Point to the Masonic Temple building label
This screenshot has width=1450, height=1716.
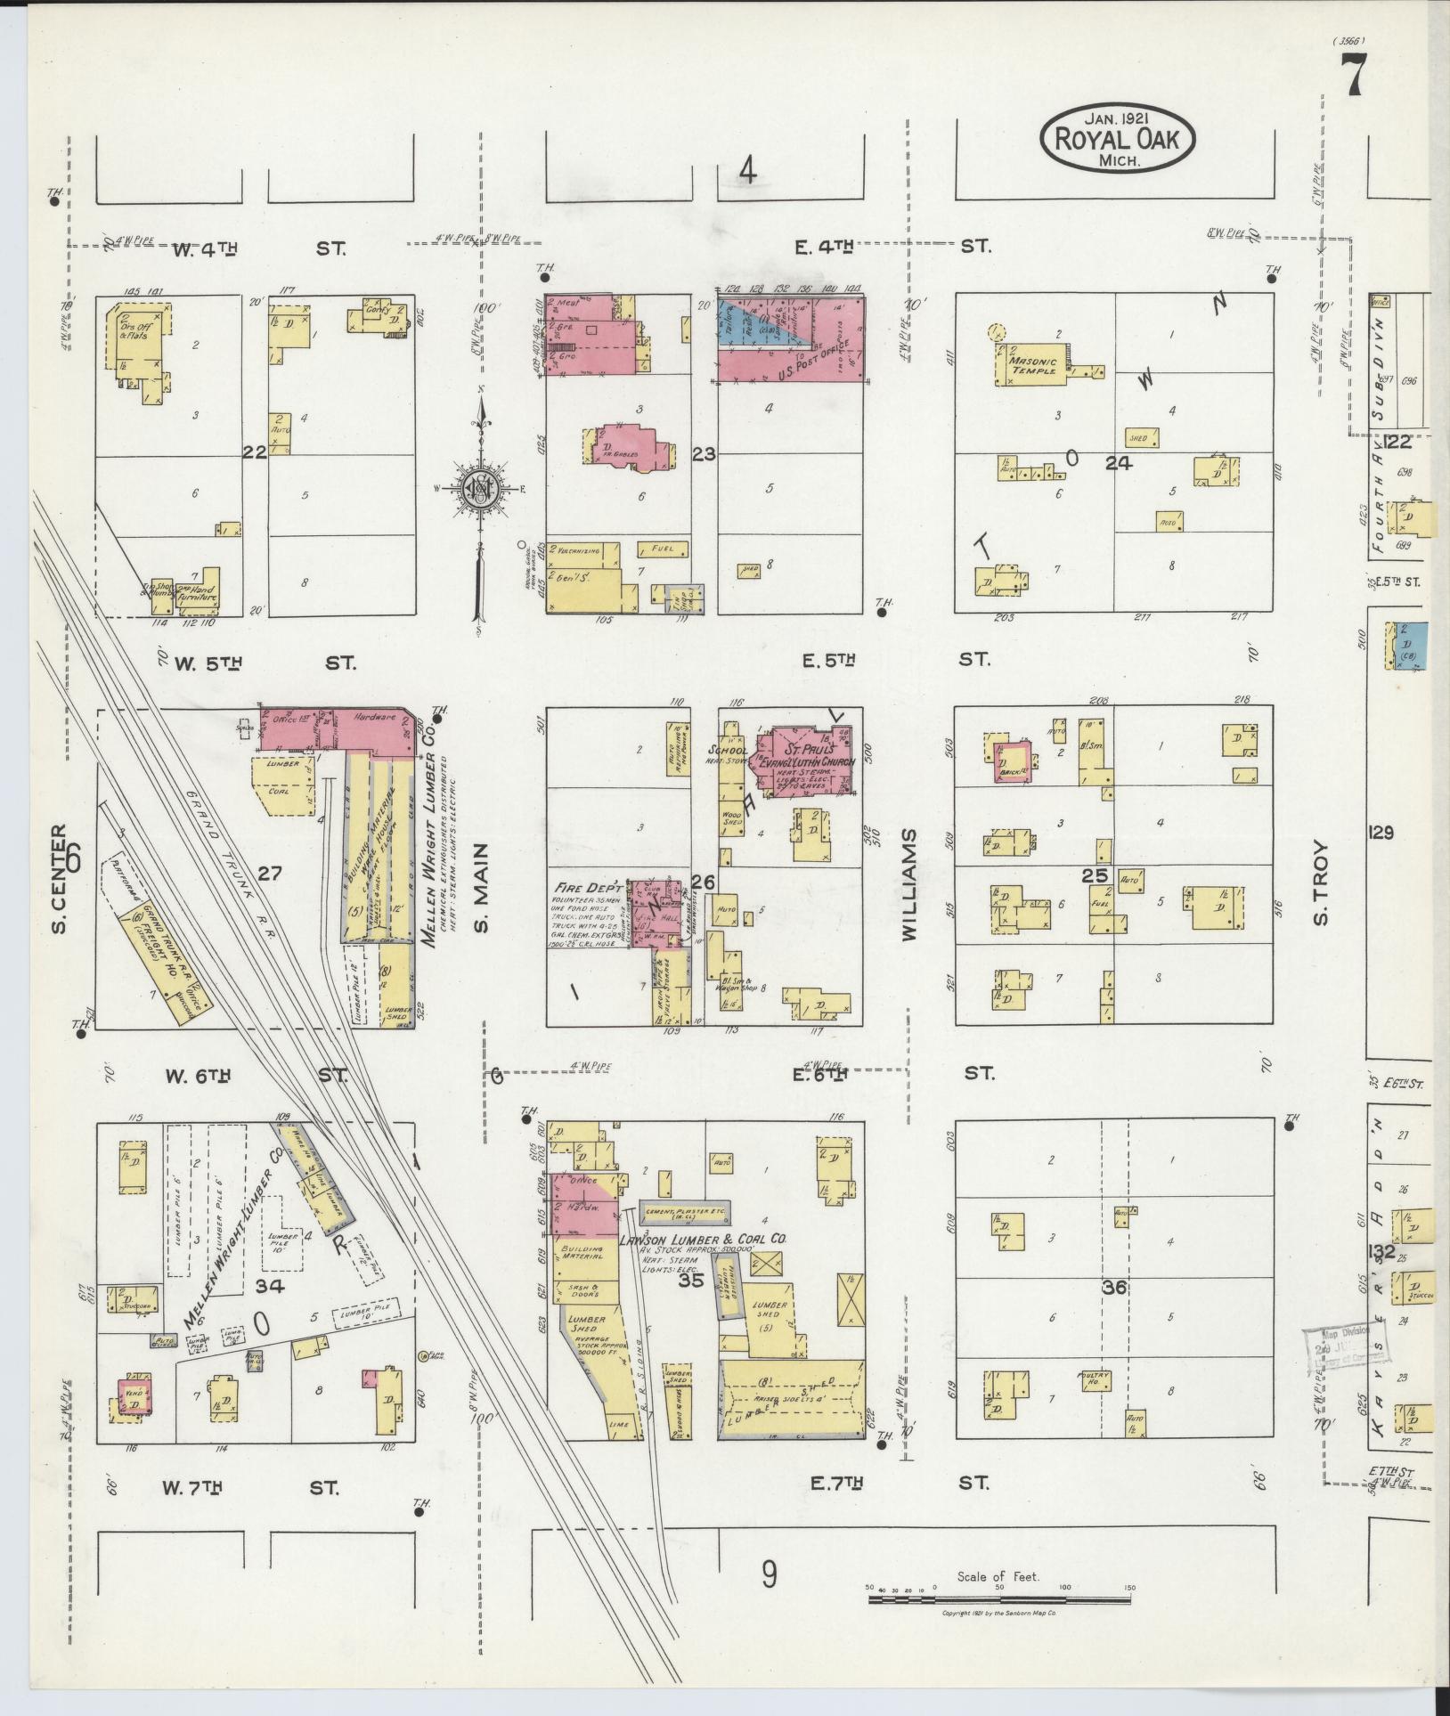pyautogui.click(x=1033, y=365)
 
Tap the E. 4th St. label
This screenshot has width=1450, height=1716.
pyautogui.click(x=895, y=245)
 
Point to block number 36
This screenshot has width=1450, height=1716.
pyautogui.click(x=1114, y=1287)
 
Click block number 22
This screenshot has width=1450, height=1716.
pyautogui.click(x=255, y=452)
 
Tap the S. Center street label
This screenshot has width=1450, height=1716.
pyautogui.click(x=59, y=878)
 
